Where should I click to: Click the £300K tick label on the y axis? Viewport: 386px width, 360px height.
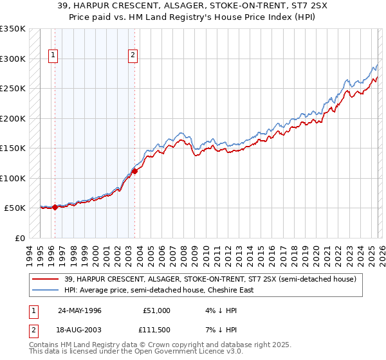(x=13, y=59)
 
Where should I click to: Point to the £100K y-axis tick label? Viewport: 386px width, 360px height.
(x=13, y=178)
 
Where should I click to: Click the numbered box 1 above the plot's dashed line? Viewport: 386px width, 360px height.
(x=52, y=56)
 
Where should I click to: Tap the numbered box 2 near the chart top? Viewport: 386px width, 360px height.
(x=133, y=56)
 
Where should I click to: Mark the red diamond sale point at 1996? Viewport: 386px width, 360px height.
(x=55, y=207)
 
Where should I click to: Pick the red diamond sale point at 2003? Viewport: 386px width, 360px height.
(x=135, y=171)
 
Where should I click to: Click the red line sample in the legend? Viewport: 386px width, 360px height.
(x=46, y=279)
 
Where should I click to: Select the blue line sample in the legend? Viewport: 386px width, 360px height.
(x=46, y=290)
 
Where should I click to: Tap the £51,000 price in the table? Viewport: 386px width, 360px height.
(x=156, y=310)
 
